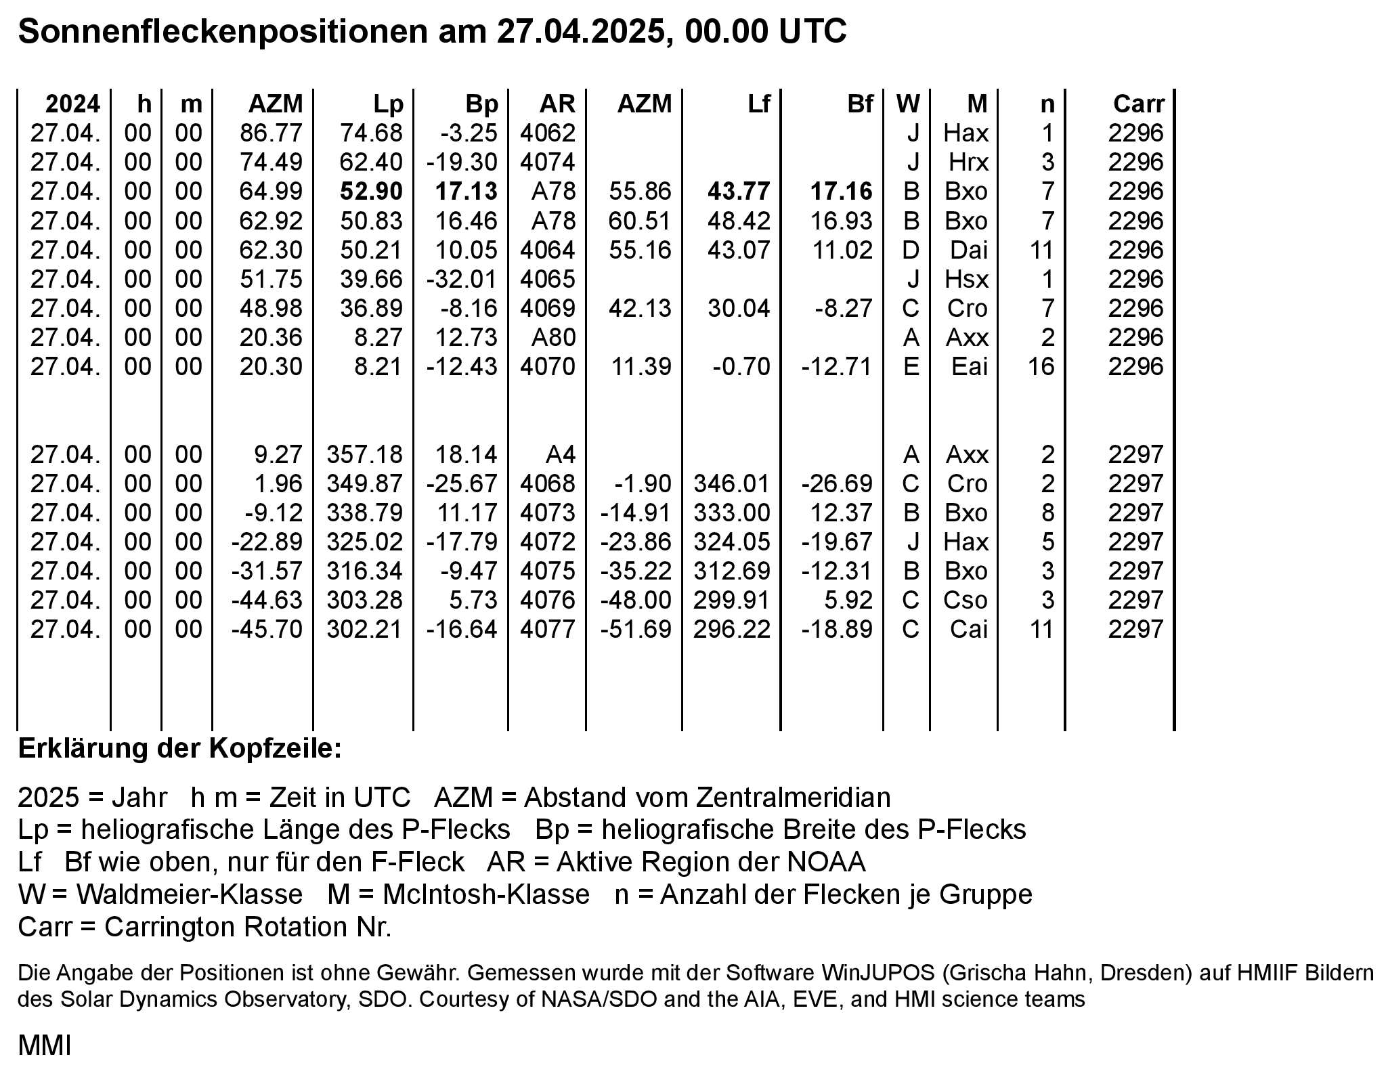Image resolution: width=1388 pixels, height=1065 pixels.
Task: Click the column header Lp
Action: click(x=388, y=104)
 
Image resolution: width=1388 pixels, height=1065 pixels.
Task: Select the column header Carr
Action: click(x=1138, y=104)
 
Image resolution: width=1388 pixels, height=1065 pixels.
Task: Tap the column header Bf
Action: click(x=860, y=104)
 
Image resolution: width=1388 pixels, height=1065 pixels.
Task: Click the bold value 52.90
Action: click(x=371, y=192)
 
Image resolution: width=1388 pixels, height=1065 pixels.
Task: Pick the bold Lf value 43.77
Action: click(x=739, y=192)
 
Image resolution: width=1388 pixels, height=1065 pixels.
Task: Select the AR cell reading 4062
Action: click(x=547, y=133)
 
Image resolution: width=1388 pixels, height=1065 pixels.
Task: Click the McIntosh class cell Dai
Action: click(x=968, y=250)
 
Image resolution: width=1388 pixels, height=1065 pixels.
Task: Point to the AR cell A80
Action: click(x=553, y=337)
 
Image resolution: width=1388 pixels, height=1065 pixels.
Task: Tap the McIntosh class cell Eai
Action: click(x=969, y=366)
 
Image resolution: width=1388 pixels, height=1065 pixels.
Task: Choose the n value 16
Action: click(x=1041, y=366)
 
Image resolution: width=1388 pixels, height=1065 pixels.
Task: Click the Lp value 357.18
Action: click(x=364, y=454)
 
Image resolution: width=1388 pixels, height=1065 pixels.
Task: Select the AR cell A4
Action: click(x=559, y=454)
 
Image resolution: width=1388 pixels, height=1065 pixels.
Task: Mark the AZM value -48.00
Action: click(x=636, y=601)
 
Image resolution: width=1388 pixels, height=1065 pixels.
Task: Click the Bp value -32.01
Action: click(x=462, y=279)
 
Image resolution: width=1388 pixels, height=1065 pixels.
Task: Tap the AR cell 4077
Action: click(x=547, y=630)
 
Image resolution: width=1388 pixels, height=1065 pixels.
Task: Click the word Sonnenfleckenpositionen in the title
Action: click(x=222, y=31)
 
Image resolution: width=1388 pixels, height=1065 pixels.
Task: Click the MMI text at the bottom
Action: click(x=44, y=1045)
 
